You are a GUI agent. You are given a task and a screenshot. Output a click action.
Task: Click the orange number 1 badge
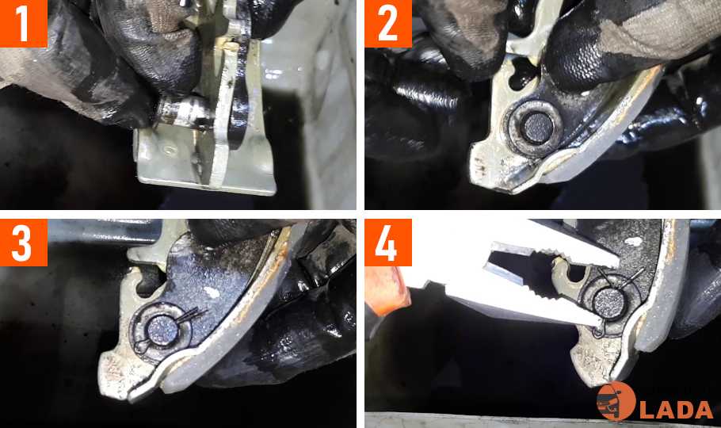pyautogui.click(x=24, y=24)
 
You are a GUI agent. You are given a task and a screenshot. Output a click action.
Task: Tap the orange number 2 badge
pyautogui.click(x=388, y=24)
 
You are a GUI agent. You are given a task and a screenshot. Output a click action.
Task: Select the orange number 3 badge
pyautogui.click(x=24, y=243)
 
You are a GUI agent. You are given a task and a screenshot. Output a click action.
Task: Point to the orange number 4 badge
pyautogui.click(x=388, y=243)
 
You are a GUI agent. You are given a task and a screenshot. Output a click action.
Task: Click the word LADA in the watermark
pyautogui.click(x=676, y=410)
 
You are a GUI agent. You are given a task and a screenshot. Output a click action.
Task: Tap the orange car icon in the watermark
pyautogui.click(x=616, y=401)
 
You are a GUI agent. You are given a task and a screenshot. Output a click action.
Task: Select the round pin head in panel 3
pyautogui.click(x=162, y=331)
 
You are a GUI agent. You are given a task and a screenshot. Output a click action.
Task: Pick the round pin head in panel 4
pyautogui.click(x=608, y=302)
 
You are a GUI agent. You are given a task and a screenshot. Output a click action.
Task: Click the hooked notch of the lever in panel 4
pyautogui.click(x=573, y=273)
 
